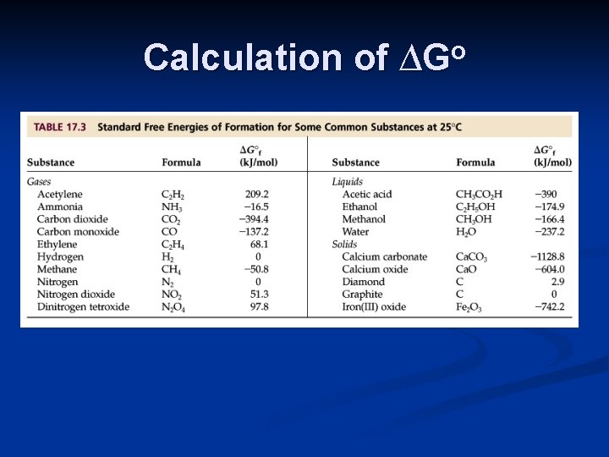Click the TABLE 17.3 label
60,128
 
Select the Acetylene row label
60,195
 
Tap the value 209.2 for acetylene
255,195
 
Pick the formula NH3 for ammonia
172,207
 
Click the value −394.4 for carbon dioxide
253,219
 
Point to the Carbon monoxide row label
78,232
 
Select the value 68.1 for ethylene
257,245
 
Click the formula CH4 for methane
173,270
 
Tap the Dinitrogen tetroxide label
83,307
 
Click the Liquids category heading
348,182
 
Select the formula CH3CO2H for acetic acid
479,195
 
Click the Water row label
355,232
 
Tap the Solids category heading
345,245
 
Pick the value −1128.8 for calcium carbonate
547,257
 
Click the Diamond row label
363,282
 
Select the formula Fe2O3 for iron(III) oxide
469,307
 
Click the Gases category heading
39,182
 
